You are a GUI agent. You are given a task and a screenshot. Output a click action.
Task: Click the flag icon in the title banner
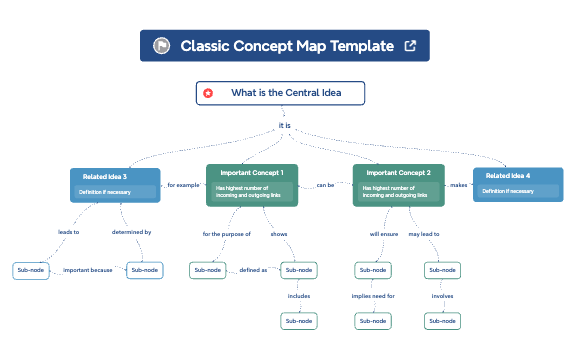tap(161, 46)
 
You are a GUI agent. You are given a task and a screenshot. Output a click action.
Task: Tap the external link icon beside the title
tap(409, 46)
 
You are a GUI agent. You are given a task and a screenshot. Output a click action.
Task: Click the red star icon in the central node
tap(208, 93)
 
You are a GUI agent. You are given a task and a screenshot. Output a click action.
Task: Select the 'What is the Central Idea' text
tap(286, 93)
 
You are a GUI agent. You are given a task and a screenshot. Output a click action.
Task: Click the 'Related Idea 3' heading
tap(104, 177)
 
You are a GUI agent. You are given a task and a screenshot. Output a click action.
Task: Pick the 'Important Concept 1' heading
tap(252, 172)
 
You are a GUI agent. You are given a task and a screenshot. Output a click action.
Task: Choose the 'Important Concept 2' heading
tap(398, 172)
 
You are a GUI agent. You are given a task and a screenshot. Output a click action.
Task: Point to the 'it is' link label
tap(285, 126)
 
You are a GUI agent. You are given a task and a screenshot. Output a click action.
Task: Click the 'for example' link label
tap(183, 185)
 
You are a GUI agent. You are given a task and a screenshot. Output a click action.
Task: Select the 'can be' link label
tap(325, 185)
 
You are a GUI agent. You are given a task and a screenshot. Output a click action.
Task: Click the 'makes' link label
tap(459, 185)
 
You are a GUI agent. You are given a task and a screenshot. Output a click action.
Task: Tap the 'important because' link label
tap(87, 270)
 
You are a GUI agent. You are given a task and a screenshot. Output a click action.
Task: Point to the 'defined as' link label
tap(252, 270)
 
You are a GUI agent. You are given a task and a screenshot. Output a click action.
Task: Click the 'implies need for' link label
tap(373, 296)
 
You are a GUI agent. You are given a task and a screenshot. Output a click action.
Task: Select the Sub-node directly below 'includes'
tap(299, 321)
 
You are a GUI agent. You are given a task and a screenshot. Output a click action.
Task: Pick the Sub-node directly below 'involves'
tap(442, 321)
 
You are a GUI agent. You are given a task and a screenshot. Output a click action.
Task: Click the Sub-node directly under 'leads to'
tap(29, 270)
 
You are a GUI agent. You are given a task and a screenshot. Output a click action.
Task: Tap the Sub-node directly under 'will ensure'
tap(372, 270)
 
